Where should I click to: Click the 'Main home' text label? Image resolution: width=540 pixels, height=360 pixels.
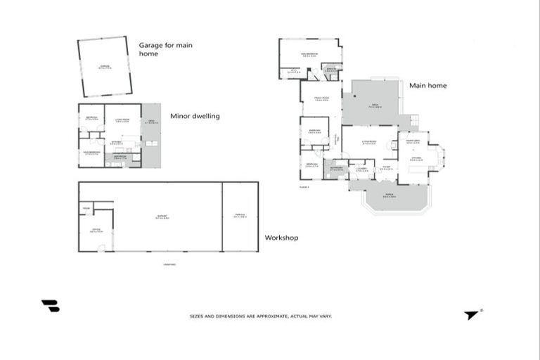427,86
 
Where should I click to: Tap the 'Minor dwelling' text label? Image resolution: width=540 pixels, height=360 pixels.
195,116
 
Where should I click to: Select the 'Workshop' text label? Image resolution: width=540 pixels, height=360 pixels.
281,238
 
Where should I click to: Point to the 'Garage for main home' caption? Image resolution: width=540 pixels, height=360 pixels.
165,49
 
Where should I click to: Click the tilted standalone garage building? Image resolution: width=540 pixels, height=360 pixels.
105,67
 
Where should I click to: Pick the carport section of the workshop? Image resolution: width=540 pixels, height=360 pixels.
240,217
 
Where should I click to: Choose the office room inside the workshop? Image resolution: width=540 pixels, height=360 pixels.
96,232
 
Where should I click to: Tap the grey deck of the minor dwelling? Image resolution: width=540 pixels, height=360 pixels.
150,135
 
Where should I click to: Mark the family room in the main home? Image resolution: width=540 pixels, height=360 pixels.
322,99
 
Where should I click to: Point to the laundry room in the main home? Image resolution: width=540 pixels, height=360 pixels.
361,169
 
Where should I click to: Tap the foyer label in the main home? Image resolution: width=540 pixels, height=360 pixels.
386,169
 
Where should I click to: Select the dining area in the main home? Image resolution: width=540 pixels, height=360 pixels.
413,141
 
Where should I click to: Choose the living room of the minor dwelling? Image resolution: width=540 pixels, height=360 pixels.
122,120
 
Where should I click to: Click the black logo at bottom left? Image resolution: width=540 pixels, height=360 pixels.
50,306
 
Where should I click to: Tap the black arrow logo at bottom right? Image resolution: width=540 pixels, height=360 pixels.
471,315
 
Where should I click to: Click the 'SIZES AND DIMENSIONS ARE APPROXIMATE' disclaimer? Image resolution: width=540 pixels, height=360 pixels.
260,316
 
